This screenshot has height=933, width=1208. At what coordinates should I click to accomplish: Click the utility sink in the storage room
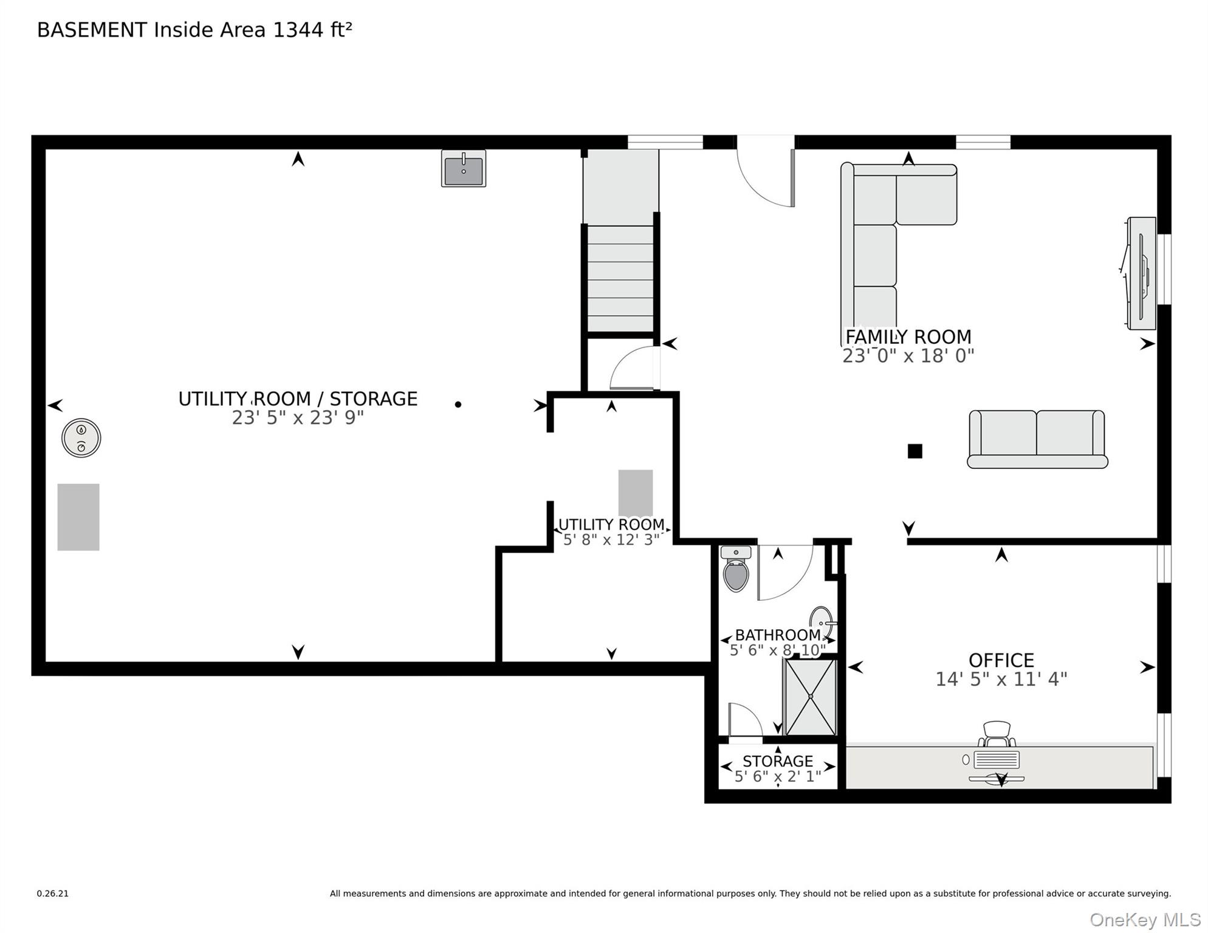[464, 168]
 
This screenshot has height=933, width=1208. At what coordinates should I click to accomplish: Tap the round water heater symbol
[81, 438]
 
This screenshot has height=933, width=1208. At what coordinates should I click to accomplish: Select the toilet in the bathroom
[736, 569]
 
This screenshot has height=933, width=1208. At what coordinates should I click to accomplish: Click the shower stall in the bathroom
[811, 697]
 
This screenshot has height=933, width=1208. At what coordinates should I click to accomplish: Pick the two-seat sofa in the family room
[1037, 439]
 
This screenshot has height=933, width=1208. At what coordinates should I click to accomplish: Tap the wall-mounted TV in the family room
[1139, 273]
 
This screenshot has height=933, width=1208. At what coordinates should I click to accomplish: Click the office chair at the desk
[997, 734]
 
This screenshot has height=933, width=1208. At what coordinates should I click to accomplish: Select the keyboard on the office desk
[997, 760]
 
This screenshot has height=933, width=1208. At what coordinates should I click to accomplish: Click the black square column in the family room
[915, 451]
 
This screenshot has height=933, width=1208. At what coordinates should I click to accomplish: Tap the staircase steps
[620, 279]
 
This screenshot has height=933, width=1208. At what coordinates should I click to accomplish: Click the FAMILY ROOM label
[908, 337]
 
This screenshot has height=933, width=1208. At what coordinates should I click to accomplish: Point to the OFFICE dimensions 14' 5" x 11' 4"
[1001, 679]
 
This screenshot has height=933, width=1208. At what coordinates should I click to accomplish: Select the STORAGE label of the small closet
[778, 761]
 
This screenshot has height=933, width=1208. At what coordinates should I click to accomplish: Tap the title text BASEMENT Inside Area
[153, 30]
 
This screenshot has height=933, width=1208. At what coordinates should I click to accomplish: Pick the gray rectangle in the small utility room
[636, 493]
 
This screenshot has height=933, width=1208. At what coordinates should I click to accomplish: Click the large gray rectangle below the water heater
[78, 517]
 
